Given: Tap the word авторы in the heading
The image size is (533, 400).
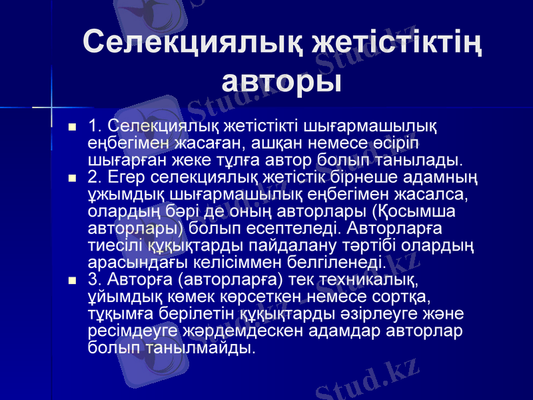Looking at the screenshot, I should [282, 81].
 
